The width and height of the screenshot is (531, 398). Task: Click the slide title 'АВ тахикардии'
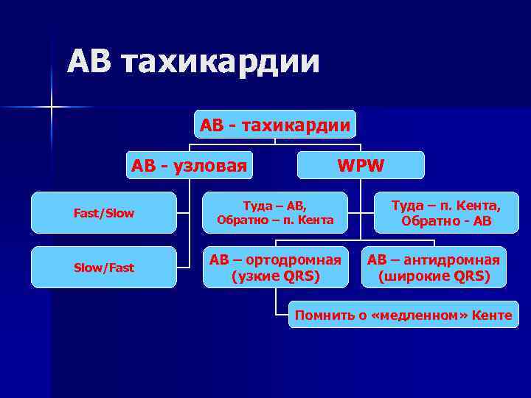[x=193, y=62]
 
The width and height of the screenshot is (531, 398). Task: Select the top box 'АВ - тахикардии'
[x=275, y=125]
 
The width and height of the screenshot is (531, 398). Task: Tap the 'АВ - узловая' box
[x=189, y=165]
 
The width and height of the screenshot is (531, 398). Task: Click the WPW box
[x=361, y=165]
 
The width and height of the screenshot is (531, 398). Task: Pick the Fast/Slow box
[x=104, y=213]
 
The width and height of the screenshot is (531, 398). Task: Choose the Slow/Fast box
[x=104, y=268]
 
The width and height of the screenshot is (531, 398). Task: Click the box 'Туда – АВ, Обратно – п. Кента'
[x=275, y=212]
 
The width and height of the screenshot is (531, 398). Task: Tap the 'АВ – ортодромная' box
[x=275, y=268]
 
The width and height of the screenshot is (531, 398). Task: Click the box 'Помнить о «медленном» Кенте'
[x=403, y=315]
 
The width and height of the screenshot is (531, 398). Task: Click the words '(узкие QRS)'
[x=275, y=277]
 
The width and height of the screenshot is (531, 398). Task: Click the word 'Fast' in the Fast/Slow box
[x=87, y=213]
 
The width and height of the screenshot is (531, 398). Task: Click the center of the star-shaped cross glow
[x=52, y=108]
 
